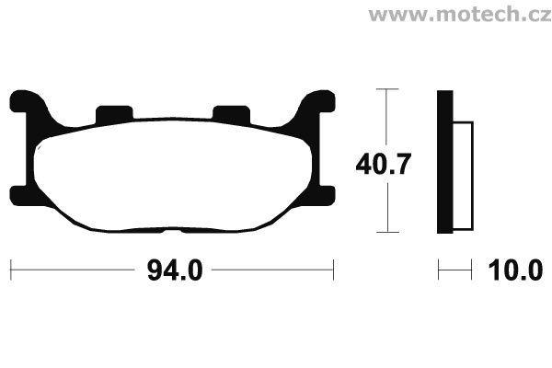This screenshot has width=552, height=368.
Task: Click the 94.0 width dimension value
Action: (175, 270)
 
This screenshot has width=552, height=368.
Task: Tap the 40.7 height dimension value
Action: (384, 164)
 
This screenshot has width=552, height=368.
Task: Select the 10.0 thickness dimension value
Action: (515, 270)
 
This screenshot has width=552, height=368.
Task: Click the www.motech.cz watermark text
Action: (460, 15)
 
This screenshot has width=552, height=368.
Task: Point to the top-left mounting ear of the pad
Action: (27, 101)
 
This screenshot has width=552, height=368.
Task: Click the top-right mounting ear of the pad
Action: (317, 101)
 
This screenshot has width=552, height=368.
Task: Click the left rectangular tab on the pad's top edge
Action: (114, 113)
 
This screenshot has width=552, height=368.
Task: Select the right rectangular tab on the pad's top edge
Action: (231, 113)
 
